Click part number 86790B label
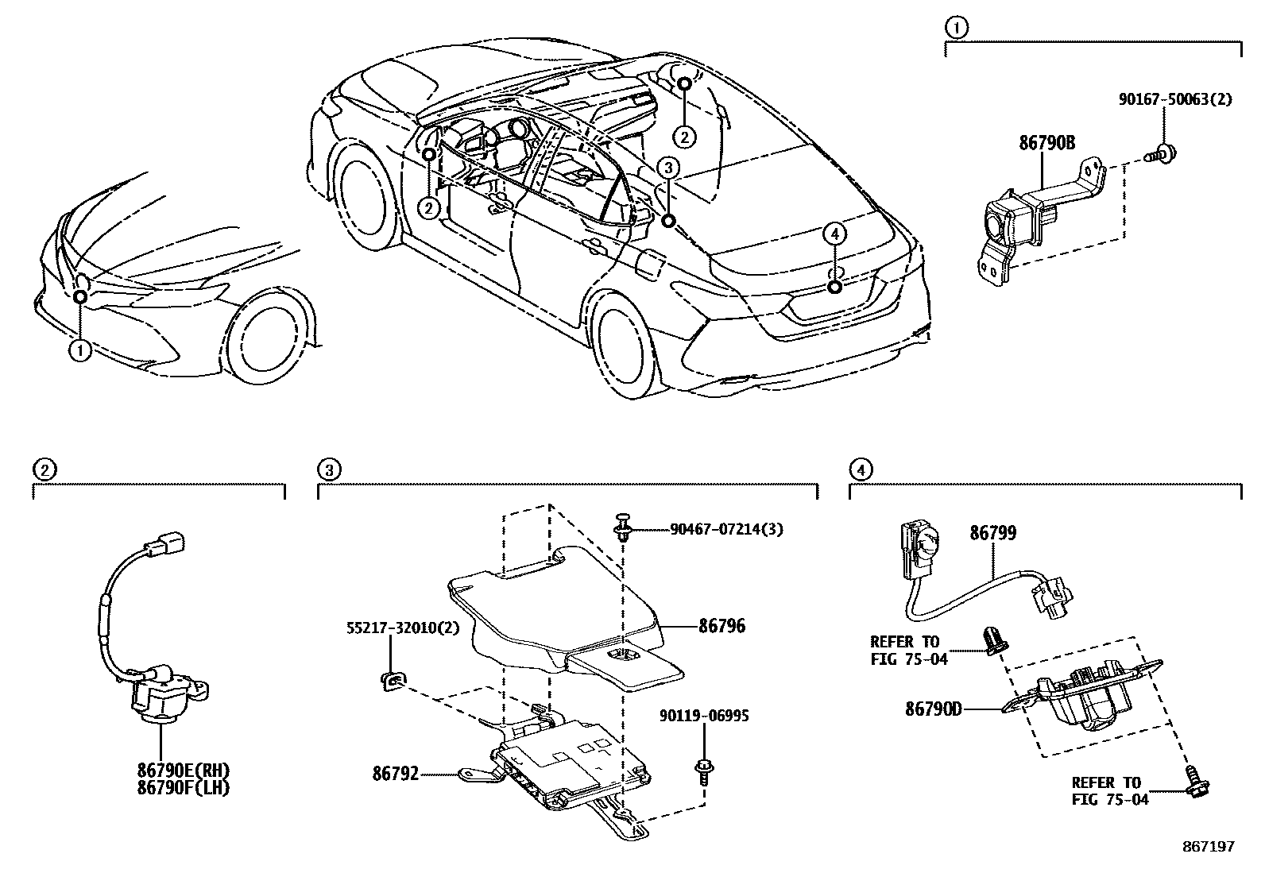coord(1047,143)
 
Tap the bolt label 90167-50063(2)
coord(1175,99)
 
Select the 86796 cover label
coord(722,626)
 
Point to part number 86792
coord(396,772)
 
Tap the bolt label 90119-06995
coord(704,716)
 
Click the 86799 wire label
coord(992,533)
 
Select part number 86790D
coord(934,708)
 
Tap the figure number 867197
coord(1209,847)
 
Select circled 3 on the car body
coord(669,168)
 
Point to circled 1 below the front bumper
coord(80,350)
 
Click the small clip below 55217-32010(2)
coord(393,679)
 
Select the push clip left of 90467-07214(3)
coord(623,527)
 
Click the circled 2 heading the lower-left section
coord(44,470)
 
